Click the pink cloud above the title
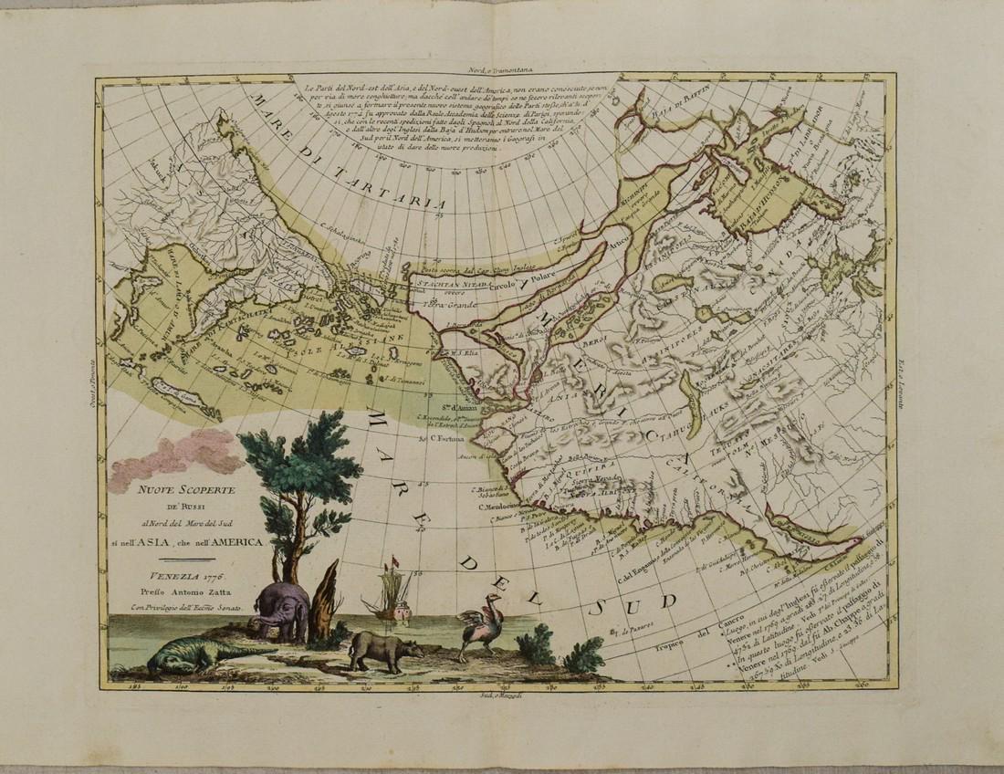[x=178, y=455]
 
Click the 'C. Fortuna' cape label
[x=447, y=439]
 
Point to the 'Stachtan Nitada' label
[x=453, y=284]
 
